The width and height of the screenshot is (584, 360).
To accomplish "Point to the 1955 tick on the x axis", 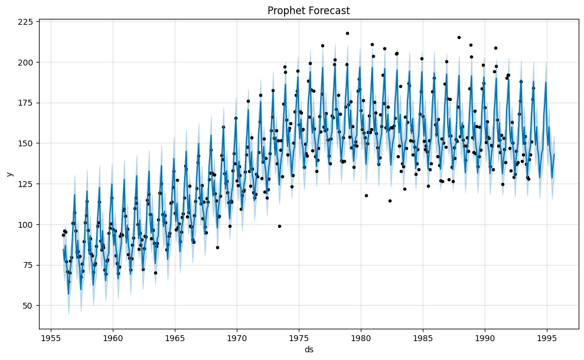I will (x=51, y=338).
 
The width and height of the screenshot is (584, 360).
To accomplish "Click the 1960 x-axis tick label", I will (x=112, y=338).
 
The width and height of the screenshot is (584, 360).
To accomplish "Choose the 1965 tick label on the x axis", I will (x=174, y=338).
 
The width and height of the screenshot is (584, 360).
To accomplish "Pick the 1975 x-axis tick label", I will (x=298, y=338).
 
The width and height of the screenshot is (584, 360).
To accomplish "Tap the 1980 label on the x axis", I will (x=360, y=338).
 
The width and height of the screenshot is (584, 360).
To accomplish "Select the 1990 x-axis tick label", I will (x=485, y=338).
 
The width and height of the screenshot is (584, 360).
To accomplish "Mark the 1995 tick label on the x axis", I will (x=547, y=338).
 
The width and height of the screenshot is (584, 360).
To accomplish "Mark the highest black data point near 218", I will (x=347, y=33).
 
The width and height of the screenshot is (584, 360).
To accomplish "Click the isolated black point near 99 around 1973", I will (x=279, y=226).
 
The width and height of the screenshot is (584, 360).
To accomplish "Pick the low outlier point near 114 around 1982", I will (x=390, y=201).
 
